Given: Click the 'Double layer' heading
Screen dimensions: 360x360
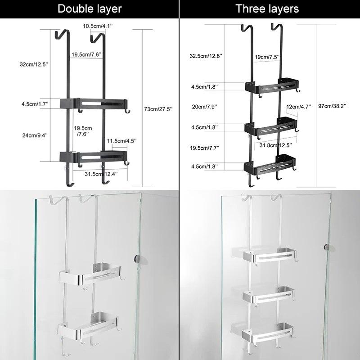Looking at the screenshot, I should point(90,9).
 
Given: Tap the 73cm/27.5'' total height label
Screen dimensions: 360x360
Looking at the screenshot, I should point(157,109).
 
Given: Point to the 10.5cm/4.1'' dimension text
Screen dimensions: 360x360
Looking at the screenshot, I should point(98,26).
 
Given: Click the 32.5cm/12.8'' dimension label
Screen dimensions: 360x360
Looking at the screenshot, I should point(206,56).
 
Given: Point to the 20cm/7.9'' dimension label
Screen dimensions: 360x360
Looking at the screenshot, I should point(204,107).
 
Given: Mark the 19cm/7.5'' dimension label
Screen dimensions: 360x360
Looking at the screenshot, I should point(267,57).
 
